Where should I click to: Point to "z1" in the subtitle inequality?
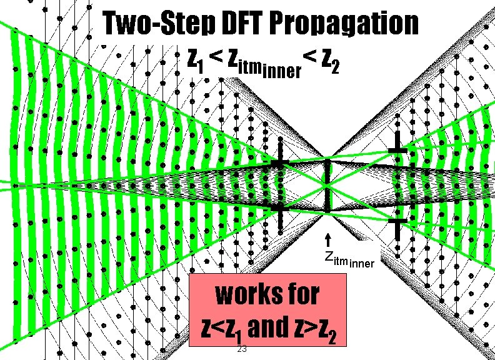194,61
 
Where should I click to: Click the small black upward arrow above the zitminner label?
327,241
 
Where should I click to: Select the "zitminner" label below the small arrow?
349,259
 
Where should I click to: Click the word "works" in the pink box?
240,294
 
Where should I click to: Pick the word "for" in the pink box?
299,294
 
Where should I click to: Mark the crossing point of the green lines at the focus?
326,186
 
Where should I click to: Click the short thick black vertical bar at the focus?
327,186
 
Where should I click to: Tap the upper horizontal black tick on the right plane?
397,151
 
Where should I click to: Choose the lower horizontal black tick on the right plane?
397,221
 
